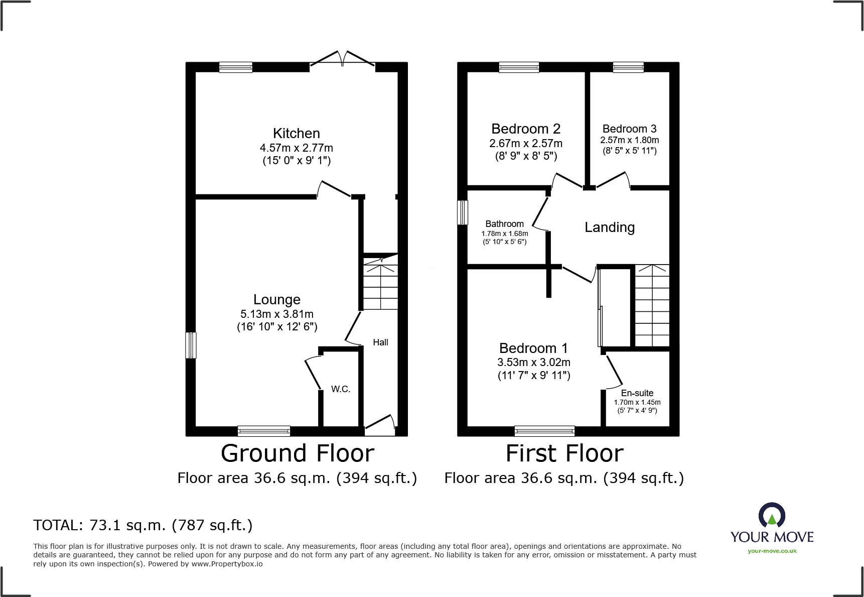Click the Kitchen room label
pyautogui.click(x=296, y=134)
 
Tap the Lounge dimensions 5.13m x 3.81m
pyautogui.click(x=276, y=314)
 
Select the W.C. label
pyautogui.click(x=340, y=389)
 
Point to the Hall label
pyautogui.click(x=380, y=342)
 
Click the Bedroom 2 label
pyautogui.click(x=525, y=129)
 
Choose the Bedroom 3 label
pyautogui.click(x=629, y=129)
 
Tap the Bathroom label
pyautogui.click(x=504, y=224)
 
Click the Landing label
pyautogui.click(x=609, y=227)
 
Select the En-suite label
pyautogui.click(x=637, y=393)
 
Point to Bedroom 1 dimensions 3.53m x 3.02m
pyautogui.click(x=533, y=363)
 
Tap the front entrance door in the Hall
pyautogui.click(x=380, y=426)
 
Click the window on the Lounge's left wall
pyautogui.click(x=191, y=345)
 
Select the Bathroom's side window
pyautogui.click(x=463, y=212)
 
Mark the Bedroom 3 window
pyautogui.click(x=628, y=67)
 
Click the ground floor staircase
pyautogui.click(x=380, y=284)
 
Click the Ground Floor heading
pyautogui.click(x=297, y=453)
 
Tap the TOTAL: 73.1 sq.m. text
pyautogui.click(x=142, y=525)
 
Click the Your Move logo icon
pyautogui.click(x=771, y=515)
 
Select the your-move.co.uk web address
pyautogui.click(x=772, y=551)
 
